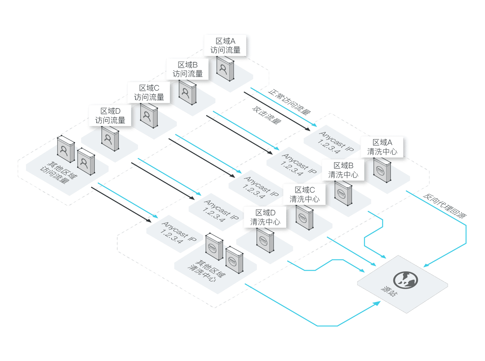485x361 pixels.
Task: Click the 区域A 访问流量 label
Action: pyautogui.click(x=225, y=46)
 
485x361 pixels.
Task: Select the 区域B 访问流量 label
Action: pyautogui.click(x=187, y=69)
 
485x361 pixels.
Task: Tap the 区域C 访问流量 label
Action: pyautogui.click(x=149, y=92)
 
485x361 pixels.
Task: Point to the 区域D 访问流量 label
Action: pyautogui.click(x=110, y=116)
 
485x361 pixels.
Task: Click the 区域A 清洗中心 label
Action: pyautogui.click(x=382, y=147)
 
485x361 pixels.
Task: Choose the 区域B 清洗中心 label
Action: pyautogui.click(x=343, y=170)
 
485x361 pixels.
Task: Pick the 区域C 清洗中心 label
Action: pyautogui.click(x=304, y=194)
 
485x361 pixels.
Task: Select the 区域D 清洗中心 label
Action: pyautogui.click(x=265, y=217)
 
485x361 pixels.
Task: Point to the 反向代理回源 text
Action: pyautogui.click(x=445, y=206)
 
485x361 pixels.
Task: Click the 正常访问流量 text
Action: pyautogui.click(x=289, y=102)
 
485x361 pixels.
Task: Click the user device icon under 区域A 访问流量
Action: pyautogui.click(x=225, y=69)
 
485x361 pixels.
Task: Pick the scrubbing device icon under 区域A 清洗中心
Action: pyautogui.click(x=382, y=170)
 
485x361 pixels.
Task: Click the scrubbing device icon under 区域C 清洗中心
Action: pyautogui.click(x=304, y=217)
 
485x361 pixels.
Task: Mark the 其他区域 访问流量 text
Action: pyautogui.click(x=59, y=173)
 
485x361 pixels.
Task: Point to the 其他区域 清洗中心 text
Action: pyautogui.click(x=206, y=271)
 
